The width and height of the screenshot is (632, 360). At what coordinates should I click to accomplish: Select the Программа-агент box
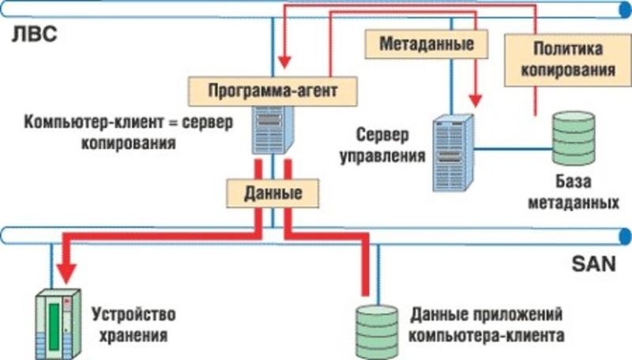click(x=273, y=89)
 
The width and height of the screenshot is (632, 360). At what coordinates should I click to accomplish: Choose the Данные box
click(x=273, y=192)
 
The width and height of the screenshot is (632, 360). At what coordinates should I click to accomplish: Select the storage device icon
click(x=58, y=324)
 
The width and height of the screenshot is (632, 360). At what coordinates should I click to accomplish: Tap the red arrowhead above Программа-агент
click(x=285, y=62)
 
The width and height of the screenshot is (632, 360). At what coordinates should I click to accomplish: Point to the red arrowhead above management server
click(x=475, y=100)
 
